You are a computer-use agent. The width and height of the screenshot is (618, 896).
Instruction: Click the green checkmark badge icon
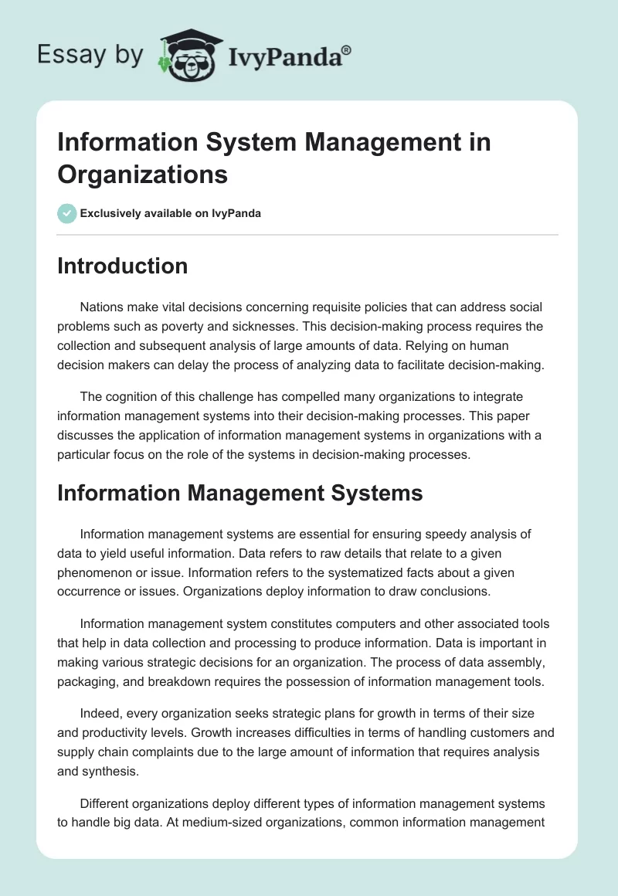pyautogui.click(x=67, y=213)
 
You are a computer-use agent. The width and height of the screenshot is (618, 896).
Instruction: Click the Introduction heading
pyautogui.click(x=122, y=266)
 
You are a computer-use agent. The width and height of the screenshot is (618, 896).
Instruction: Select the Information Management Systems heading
pyautogui.click(x=239, y=492)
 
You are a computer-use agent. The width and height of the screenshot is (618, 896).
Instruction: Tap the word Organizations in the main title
pyautogui.click(x=142, y=174)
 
